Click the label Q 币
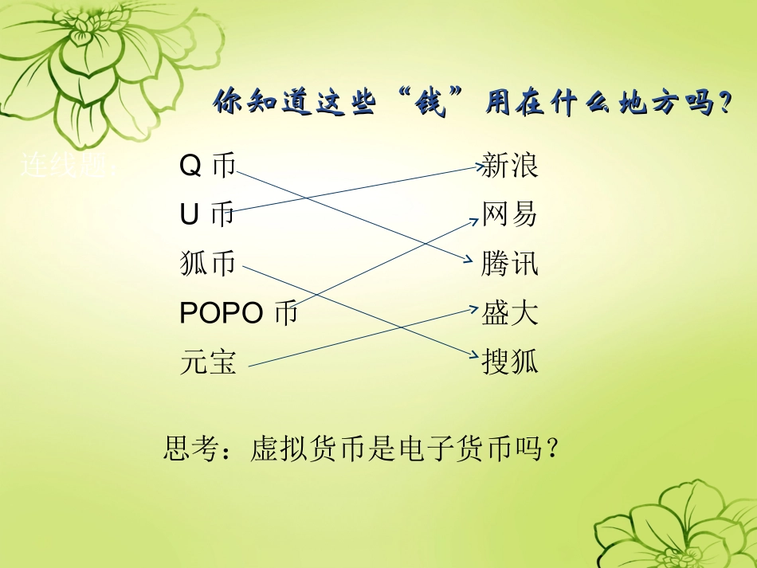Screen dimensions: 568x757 208,166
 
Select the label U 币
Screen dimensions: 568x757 207,214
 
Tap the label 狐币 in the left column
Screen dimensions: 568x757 208,264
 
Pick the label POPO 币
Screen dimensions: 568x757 238,313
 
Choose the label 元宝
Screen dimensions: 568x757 208,362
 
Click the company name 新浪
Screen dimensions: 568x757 510,166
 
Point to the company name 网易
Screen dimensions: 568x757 510,214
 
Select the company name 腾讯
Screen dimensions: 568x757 510,264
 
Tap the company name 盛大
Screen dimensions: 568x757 510,313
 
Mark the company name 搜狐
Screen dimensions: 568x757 510,362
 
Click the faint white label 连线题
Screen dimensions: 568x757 70,166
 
